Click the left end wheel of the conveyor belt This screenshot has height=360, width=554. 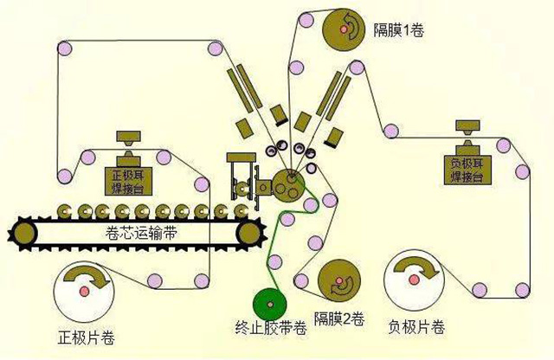click(23, 231)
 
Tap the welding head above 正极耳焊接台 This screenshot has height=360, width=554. click(129, 139)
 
